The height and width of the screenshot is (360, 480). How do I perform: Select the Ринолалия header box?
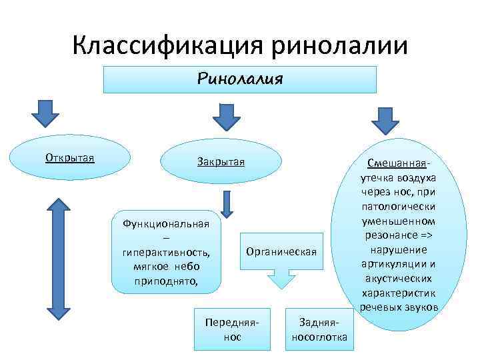tap(241, 79)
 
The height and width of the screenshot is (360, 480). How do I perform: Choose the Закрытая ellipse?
tap(221, 162)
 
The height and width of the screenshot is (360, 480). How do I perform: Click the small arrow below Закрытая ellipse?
tap(227, 203)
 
